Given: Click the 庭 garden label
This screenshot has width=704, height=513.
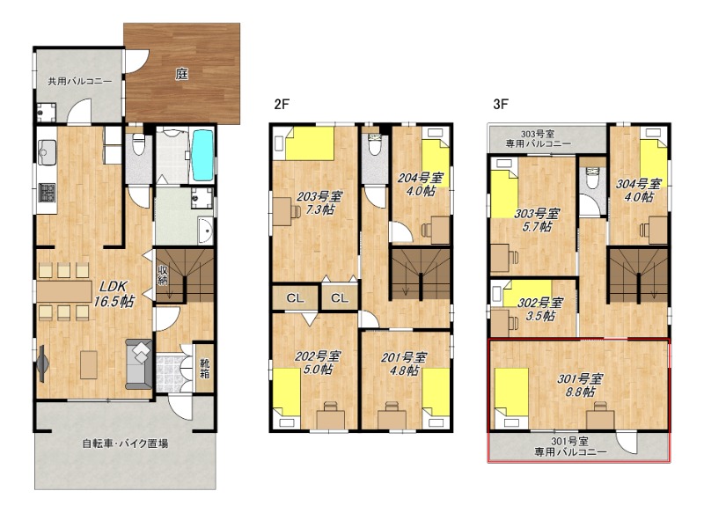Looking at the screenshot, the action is click(181, 74).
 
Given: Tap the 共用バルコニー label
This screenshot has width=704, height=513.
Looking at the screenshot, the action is click(80, 82).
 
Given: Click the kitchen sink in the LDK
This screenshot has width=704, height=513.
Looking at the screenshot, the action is click(47, 152).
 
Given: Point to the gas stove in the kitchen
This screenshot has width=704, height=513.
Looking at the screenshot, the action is click(47, 193).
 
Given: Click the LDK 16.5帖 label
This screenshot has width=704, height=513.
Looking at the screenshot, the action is click(114, 294).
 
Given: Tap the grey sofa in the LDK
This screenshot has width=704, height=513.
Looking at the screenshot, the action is click(139, 364).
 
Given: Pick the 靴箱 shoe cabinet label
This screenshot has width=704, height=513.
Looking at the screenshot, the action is click(205, 368).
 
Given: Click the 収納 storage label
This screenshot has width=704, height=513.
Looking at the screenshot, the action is click(162, 275).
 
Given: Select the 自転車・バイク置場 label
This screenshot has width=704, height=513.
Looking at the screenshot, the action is click(125, 443).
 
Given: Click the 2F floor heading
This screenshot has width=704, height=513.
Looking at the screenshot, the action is click(282, 105).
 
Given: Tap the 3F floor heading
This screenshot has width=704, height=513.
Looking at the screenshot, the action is click(501, 104).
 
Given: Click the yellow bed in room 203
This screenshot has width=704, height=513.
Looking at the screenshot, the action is click(310, 143).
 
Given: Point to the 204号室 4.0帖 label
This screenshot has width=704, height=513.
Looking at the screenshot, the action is click(421, 184).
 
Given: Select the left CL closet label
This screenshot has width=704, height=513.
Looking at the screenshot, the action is click(295, 298).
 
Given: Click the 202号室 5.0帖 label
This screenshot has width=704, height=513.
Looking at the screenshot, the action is click(318, 363).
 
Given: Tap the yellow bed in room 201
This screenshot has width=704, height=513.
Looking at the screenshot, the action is click(436, 392).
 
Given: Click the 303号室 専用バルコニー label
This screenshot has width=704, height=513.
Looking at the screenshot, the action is click(538, 139).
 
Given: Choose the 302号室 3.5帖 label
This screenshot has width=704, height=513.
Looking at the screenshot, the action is click(540, 309).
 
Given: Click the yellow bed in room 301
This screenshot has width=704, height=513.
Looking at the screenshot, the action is click(511, 392).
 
